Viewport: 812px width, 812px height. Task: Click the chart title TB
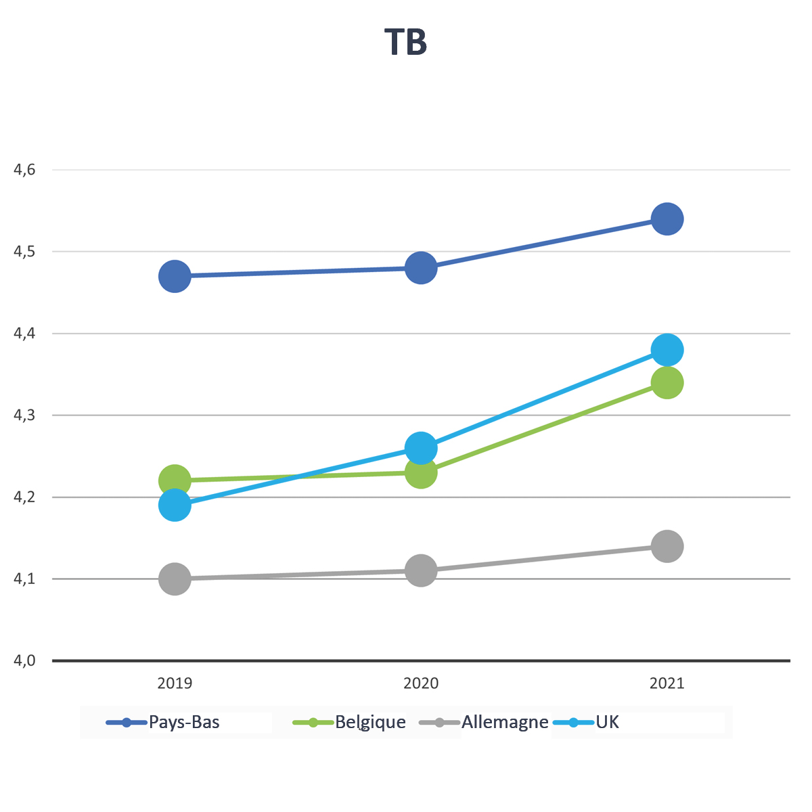(406, 42)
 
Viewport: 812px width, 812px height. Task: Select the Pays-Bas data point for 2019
(175, 276)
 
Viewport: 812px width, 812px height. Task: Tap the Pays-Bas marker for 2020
(421, 268)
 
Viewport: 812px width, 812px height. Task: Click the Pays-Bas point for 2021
(667, 219)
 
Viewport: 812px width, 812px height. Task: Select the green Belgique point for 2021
(667, 383)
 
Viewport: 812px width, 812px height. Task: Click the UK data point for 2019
(175, 505)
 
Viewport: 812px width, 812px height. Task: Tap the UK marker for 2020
(421, 448)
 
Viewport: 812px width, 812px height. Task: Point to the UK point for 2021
(667, 350)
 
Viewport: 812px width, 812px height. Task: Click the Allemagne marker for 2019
(175, 579)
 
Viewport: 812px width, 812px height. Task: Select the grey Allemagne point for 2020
(421, 570)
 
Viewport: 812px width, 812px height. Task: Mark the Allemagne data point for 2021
(667, 546)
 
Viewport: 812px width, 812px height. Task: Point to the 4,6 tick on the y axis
(24, 170)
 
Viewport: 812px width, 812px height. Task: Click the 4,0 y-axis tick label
(24, 660)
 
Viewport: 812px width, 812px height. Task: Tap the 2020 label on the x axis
(421, 683)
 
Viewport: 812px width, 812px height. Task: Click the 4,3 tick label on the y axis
(24, 415)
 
